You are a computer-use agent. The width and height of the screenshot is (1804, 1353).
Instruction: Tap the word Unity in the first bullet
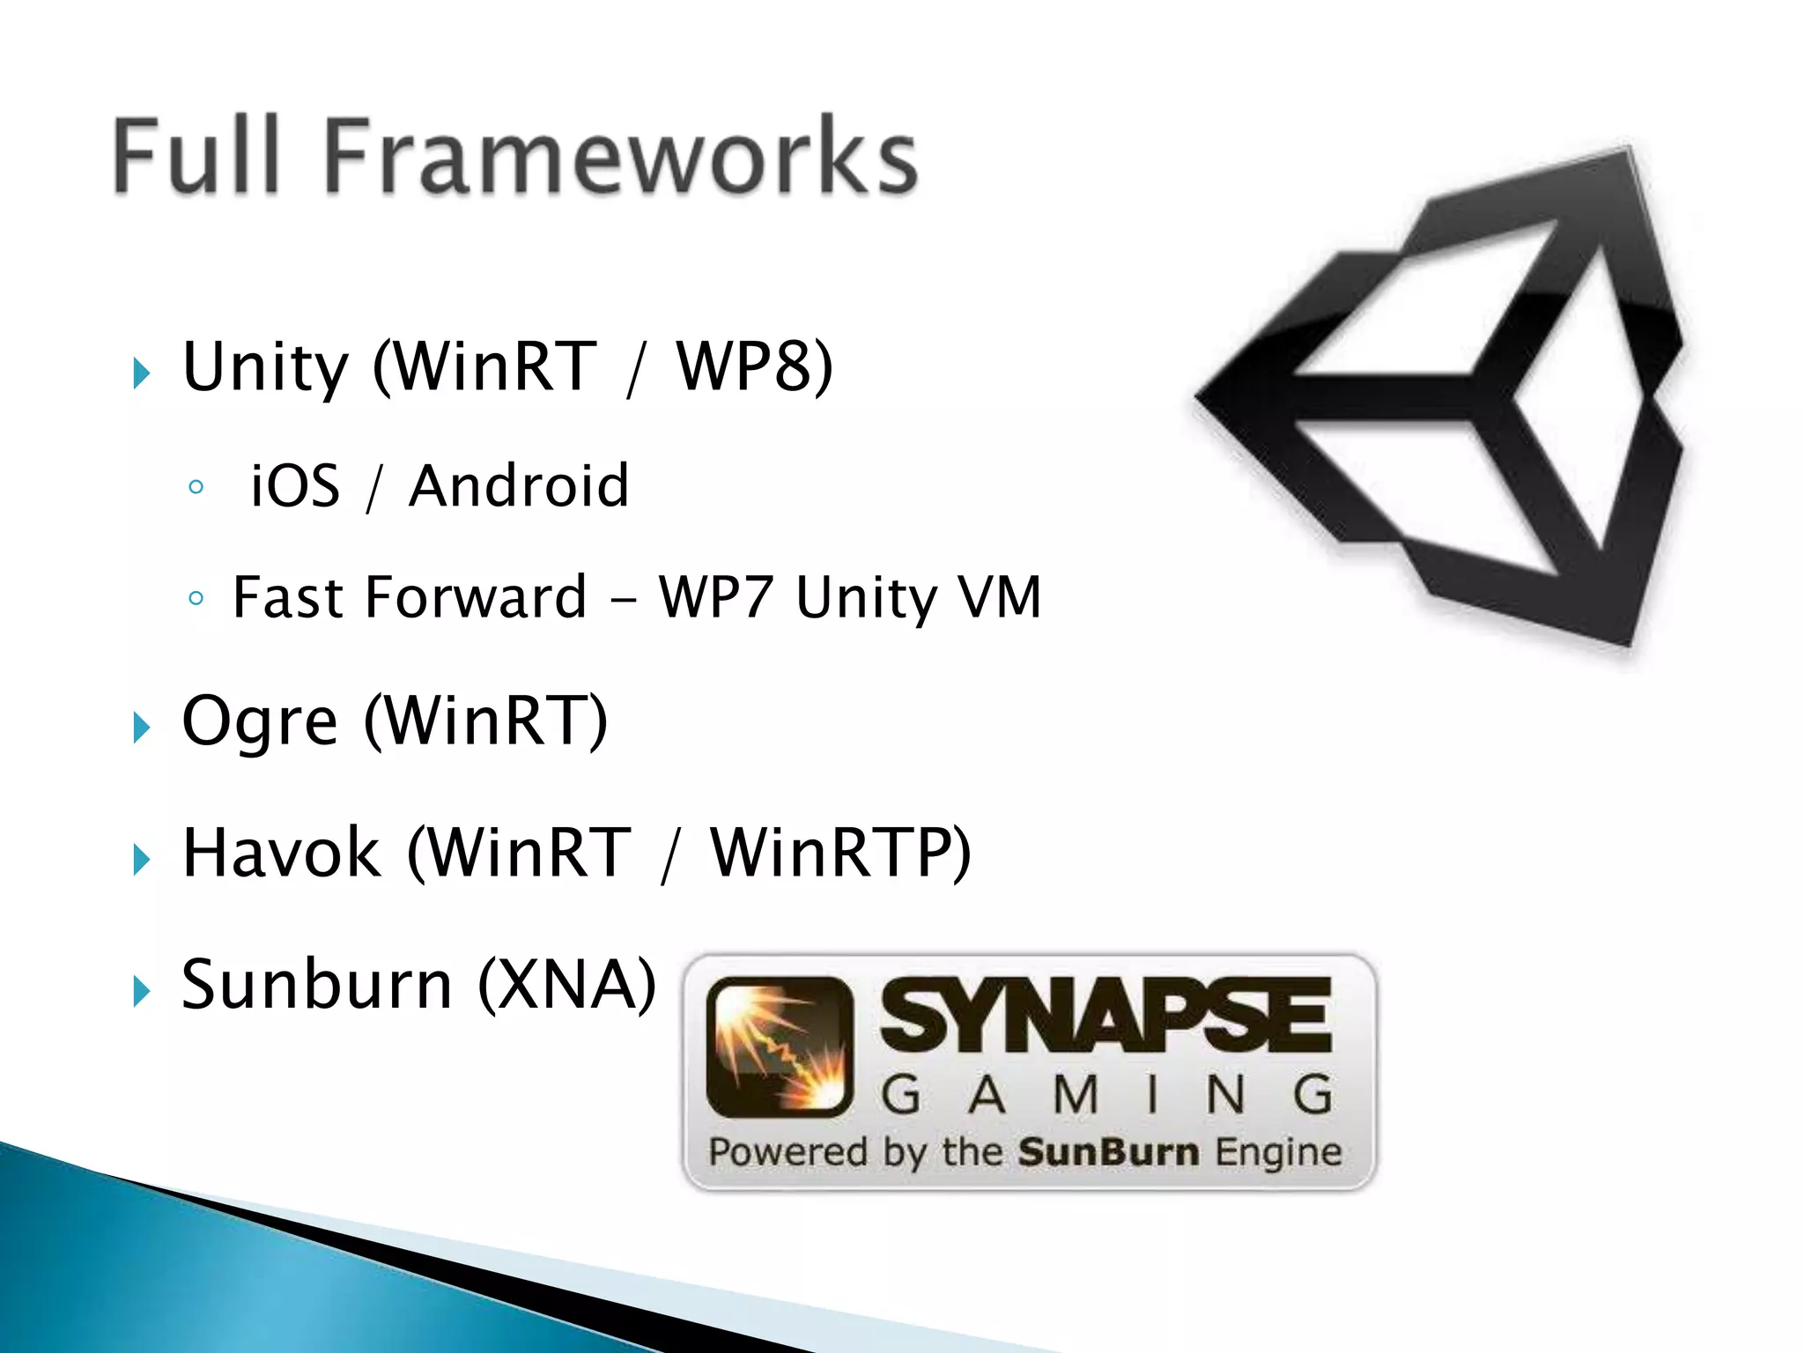point(265,366)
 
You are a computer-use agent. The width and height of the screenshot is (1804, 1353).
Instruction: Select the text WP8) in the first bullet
point(754,366)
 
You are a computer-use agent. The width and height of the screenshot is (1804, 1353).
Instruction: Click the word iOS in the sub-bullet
point(295,485)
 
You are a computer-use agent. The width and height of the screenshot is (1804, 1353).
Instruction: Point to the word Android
point(519,485)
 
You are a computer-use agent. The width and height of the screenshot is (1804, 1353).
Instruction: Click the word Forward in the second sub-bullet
point(476,597)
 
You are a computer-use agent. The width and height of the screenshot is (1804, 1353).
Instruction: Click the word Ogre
point(259,721)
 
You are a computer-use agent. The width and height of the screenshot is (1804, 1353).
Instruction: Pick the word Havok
point(281,852)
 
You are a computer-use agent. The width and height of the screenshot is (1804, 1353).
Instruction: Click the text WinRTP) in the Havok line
point(840,852)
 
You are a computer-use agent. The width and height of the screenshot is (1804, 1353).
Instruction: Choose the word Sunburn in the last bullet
point(316,984)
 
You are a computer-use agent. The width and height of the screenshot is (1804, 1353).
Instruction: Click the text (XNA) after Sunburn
point(567,984)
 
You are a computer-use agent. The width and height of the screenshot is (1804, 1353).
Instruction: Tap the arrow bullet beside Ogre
point(141,728)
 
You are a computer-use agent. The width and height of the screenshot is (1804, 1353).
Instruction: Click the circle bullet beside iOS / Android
point(196,487)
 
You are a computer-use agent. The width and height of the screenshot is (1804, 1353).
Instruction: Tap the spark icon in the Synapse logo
point(780,1046)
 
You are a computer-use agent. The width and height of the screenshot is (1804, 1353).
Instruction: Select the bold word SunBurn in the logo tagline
point(1108,1152)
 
